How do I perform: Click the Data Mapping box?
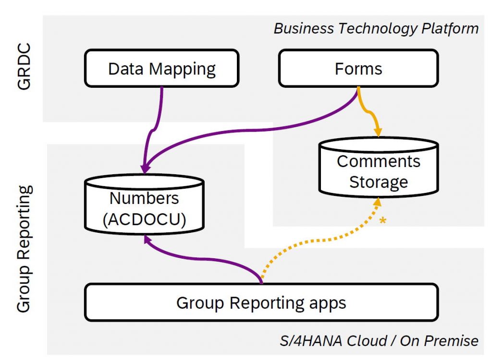coord(161,69)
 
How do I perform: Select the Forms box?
coord(358,69)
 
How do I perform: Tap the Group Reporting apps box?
coord(261,303)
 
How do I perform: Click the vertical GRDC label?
coord(24,67)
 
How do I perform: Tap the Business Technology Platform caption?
coord(376,28)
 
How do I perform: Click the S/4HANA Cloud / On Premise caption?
coord(379,341)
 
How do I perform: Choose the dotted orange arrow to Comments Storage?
coord(327,240)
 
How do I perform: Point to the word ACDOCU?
coord(144,219)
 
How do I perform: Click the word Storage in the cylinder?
coord(378,182)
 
